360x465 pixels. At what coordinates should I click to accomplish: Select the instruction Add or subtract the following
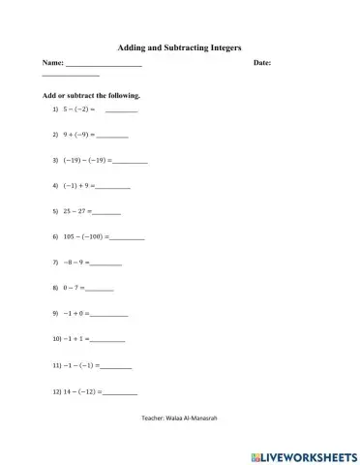(91, 96)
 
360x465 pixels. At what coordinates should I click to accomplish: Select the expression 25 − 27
(75, 210)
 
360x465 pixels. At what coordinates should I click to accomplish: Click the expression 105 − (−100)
(86, 236)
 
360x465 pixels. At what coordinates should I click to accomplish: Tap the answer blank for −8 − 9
(105, 263)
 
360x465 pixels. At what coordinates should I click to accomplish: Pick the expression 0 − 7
(72, 289)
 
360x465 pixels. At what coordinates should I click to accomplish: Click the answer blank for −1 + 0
(109, 315)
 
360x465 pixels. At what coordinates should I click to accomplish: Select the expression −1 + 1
(75, 340)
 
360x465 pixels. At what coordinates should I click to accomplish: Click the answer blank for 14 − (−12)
(120, 392)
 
